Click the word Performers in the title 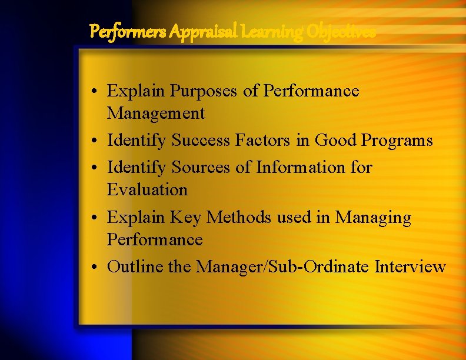point(128,31)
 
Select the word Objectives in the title point(339,31)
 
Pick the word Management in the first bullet point(155,113)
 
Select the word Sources point(201,168)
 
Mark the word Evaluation point(147,190)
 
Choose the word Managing point(373,218)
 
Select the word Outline point(135,267)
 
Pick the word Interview point(410,267)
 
